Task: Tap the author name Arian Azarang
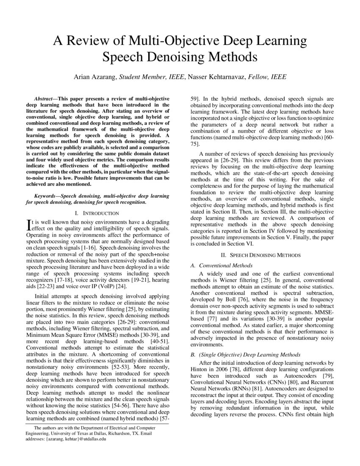tap(95, 77)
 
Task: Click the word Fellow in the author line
tap(256, 77)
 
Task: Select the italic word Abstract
tap(45, 98)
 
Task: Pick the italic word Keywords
tap(45, 196)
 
